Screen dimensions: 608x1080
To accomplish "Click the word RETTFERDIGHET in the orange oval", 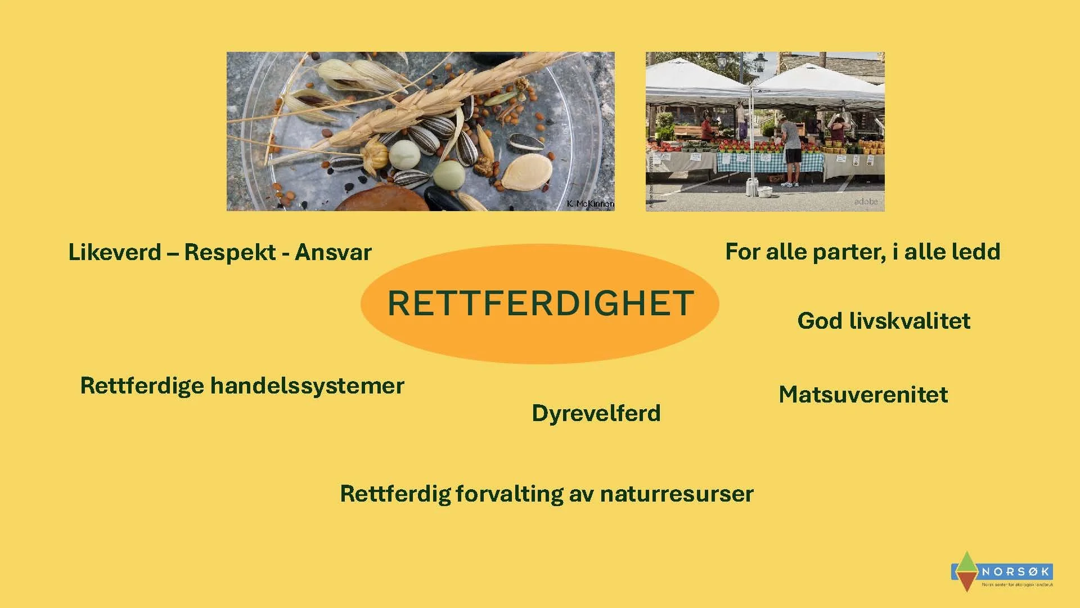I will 540,303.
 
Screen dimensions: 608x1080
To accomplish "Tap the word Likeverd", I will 115,252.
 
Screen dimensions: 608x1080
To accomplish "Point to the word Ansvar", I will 333,252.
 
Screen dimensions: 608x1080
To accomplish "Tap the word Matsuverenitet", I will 863,394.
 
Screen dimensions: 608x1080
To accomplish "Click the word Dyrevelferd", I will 596,413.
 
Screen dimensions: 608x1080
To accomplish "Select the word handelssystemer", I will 307,386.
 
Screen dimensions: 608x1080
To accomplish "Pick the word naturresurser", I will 677,494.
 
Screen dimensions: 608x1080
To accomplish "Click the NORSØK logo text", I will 1016,572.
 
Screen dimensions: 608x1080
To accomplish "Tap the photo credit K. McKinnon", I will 591,204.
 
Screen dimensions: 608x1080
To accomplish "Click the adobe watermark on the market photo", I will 866,202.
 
